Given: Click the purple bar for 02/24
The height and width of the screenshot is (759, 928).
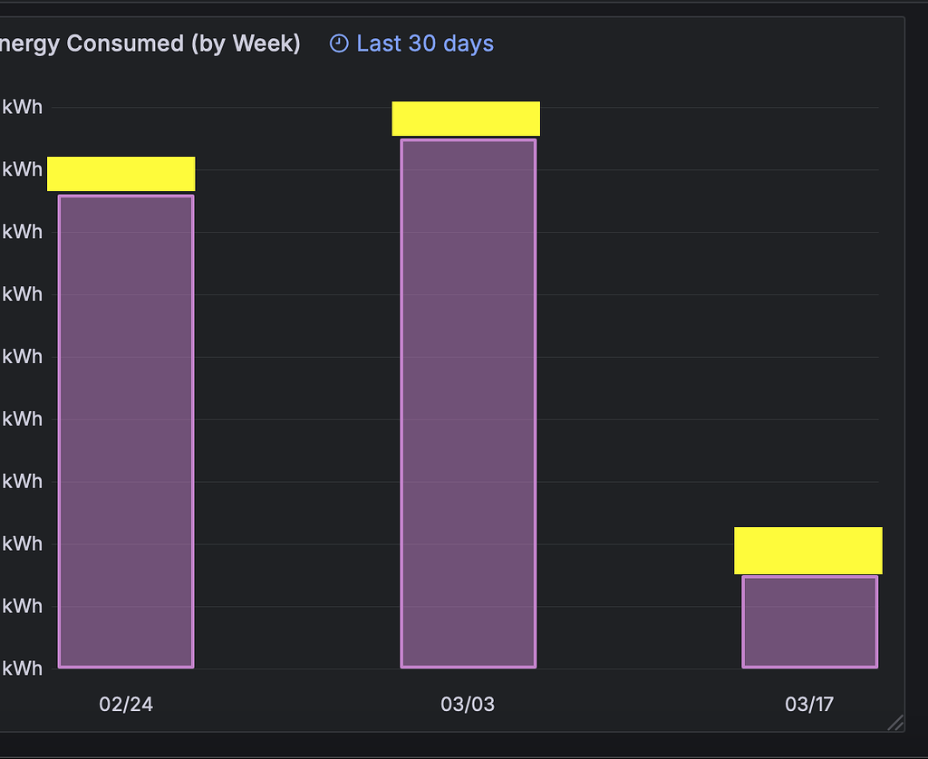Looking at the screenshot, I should coord(126,431).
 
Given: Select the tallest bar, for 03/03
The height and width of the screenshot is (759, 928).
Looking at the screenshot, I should coord(469,403).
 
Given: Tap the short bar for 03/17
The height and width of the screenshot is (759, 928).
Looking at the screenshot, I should coord(810,621).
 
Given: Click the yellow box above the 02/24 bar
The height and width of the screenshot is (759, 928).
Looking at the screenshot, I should coord(121,174).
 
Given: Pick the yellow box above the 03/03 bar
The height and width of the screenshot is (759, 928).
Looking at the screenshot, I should coord(466,119).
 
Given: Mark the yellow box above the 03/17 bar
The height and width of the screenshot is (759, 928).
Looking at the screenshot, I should coord(807,551).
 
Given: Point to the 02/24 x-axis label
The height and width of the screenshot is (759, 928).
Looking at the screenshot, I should coord(126,705).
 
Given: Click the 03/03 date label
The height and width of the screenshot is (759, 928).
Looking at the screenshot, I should coord(468,705).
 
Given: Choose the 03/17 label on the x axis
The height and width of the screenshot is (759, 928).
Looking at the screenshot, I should coord(809,705).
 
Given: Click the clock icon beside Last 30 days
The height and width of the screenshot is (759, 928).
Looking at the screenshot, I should coord(339,43).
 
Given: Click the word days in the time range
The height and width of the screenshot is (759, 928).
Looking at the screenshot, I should coord(469,43).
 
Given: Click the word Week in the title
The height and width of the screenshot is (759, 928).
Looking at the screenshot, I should coord(263,43).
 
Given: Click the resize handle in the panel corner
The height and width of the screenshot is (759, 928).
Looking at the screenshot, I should coord(895,722).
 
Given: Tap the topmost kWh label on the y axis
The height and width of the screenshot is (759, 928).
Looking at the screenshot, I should coord(23,107).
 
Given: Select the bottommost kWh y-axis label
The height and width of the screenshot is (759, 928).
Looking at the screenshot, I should coord(23,668).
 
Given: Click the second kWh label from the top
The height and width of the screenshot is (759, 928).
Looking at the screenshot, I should coord(23,169).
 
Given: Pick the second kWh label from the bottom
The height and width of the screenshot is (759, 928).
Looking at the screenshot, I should coord(23,606).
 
